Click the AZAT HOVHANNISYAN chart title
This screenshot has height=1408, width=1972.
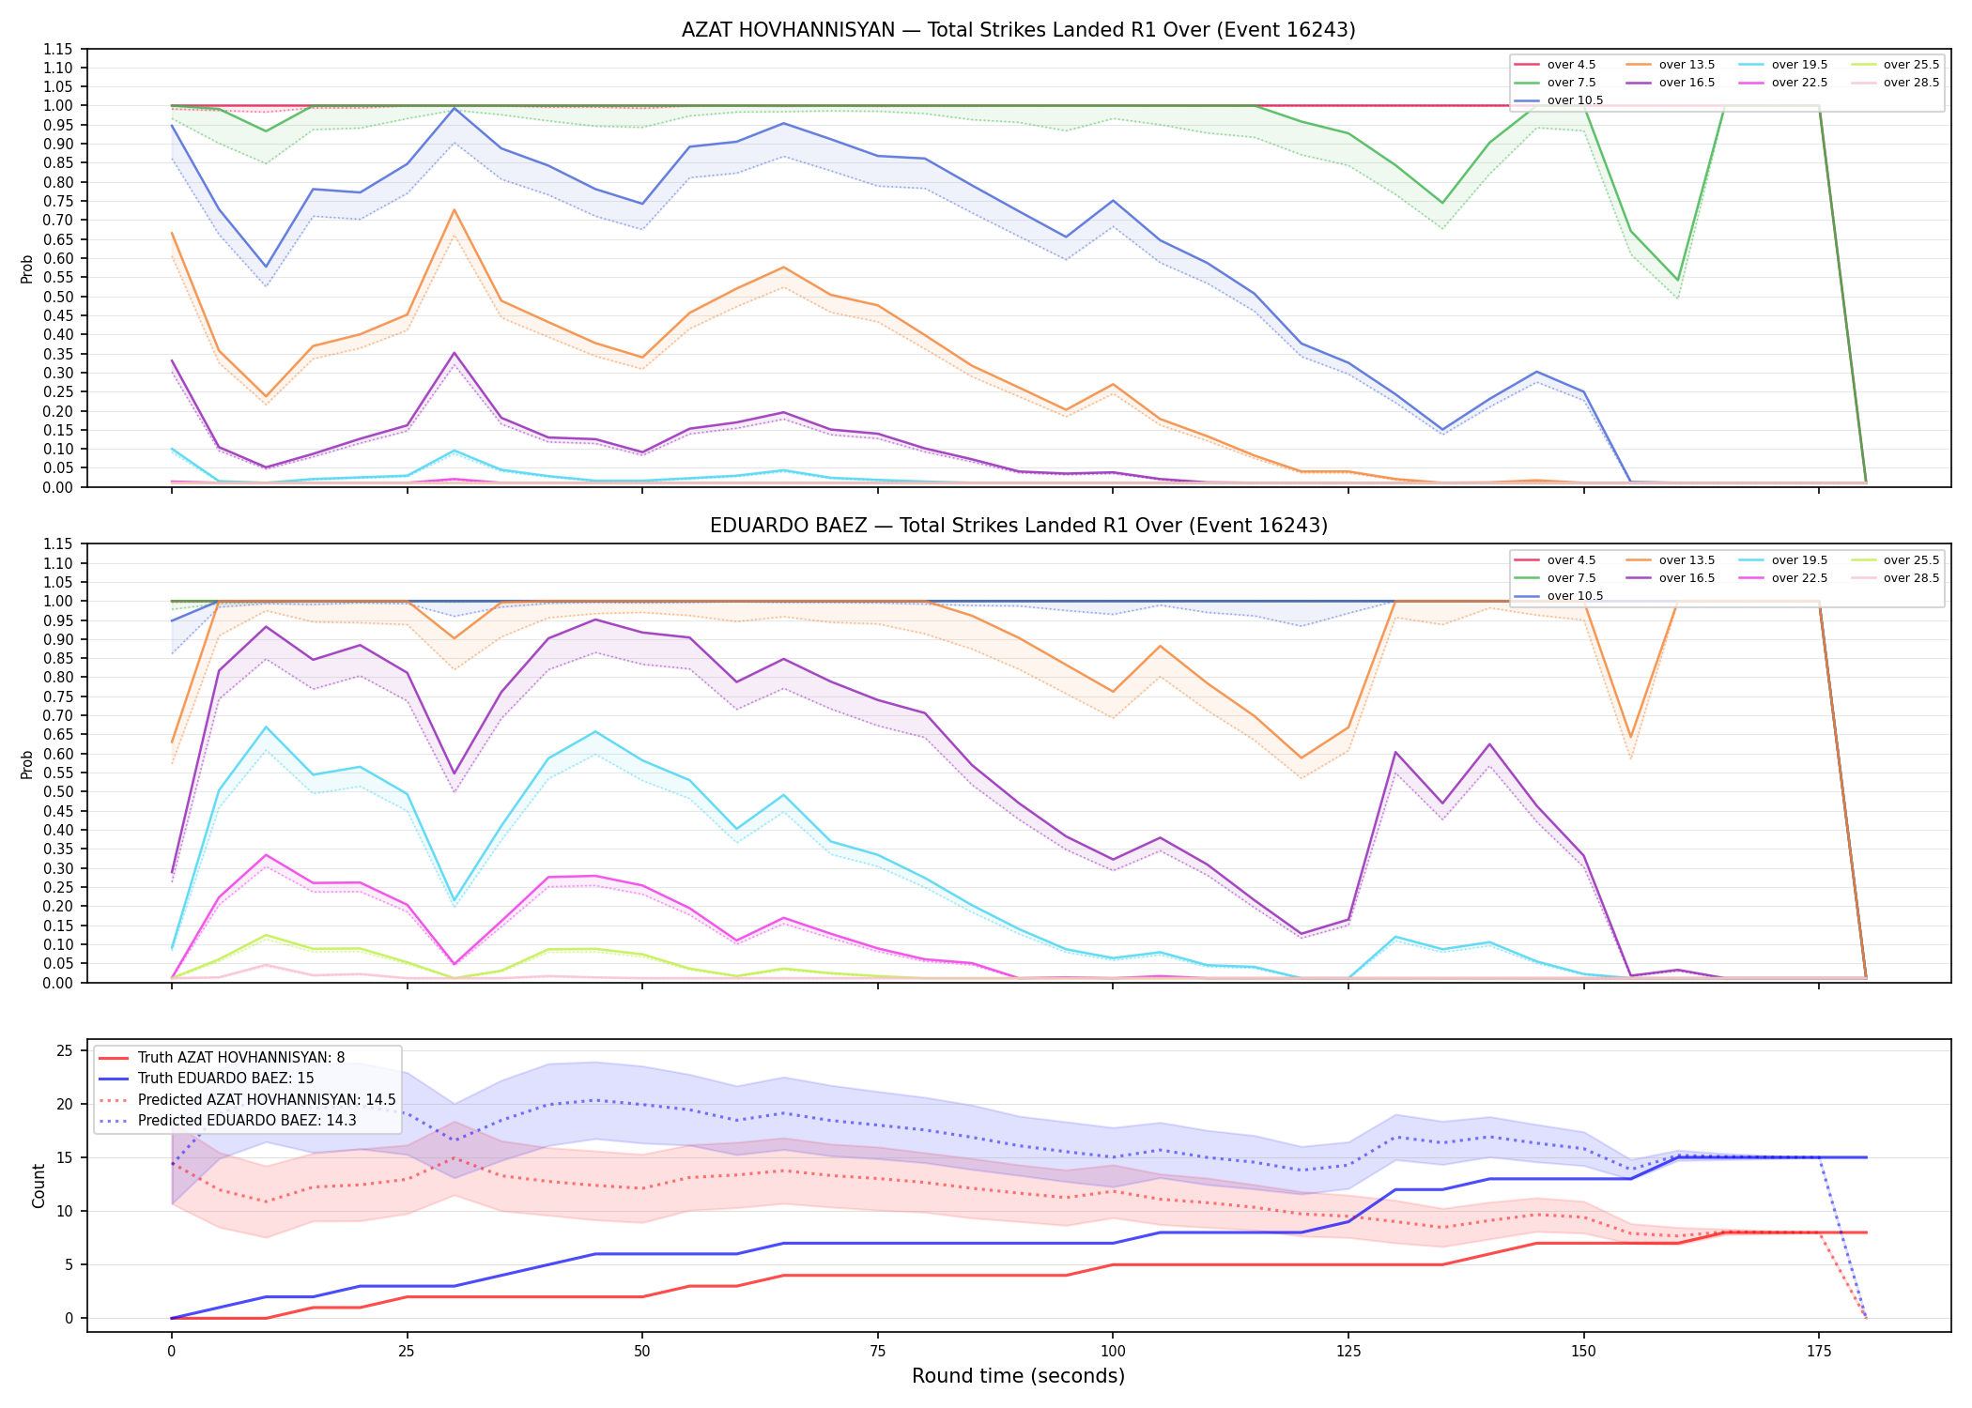click(x=1018, y=30)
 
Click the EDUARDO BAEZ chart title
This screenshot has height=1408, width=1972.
click(x=1018, y=526)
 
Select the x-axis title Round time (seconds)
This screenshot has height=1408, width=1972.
click(x=1018, y=1376)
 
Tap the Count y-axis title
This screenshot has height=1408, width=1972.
click(x=39, y=1186)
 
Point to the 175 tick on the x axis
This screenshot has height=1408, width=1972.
click(x=1819, y=1352)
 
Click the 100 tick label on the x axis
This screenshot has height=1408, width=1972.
click(x=1113, y=1352)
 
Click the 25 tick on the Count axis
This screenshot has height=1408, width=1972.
click(x=65, y=1051)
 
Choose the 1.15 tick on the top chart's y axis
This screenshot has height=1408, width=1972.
click(x=58, y=49)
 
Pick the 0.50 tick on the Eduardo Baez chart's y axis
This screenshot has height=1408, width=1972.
click(x=58, y=791)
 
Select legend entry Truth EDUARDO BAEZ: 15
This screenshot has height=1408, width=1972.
click(x=225, y=1079)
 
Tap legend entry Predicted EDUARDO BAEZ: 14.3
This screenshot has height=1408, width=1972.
click(x=247, y=1121)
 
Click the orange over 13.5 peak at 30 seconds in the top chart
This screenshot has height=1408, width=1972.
click(x=454, y=209)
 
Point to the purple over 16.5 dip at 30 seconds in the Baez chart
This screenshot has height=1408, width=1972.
click(x=454, y=773)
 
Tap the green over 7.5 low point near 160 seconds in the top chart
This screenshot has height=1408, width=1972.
click(x=1678, y=281)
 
